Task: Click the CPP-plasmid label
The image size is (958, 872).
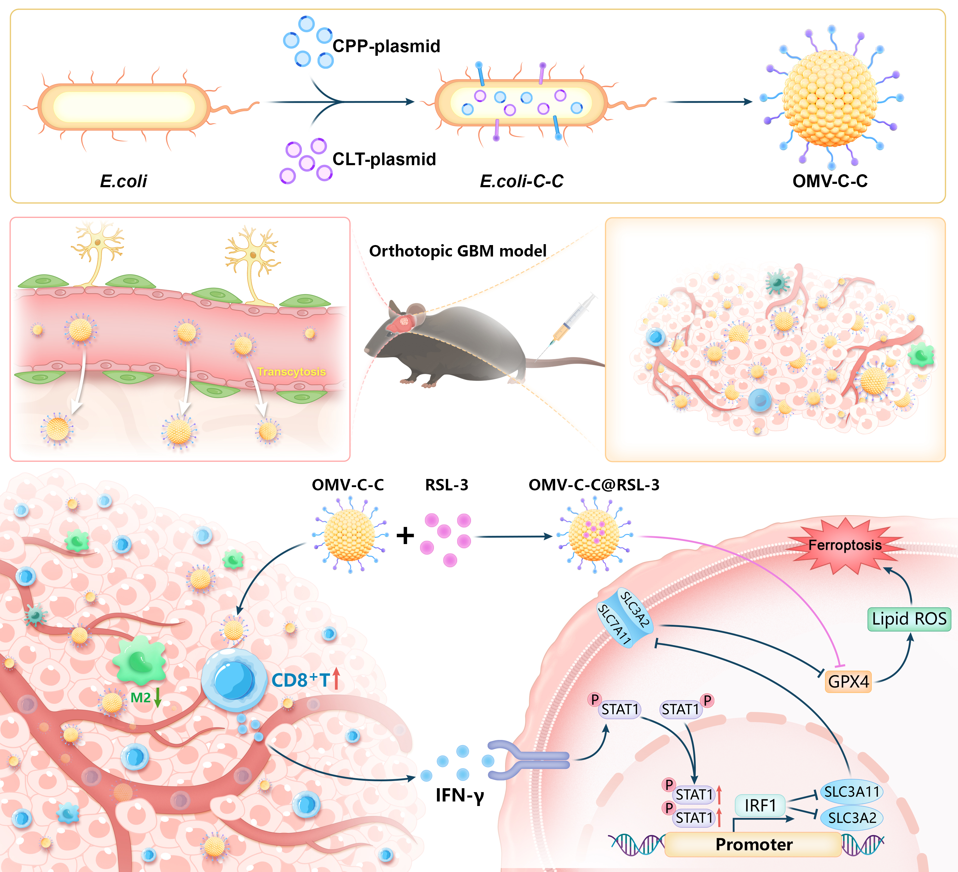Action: [x=386, y=46]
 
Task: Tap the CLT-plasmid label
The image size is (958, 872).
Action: [x=384, y=159]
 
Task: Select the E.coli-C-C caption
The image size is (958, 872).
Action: [x=521, y=181]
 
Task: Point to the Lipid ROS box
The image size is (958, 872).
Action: [x=909, y=619]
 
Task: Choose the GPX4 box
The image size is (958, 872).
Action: [x=848, y=682]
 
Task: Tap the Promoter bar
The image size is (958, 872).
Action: [x=754, y=845]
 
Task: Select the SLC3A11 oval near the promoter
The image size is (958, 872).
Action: [x=852, y=792]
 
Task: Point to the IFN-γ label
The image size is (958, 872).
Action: [x=460, y=795]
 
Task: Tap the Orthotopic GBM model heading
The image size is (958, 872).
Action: [x=458, y=251]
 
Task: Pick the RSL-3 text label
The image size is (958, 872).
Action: [x=446, y=485]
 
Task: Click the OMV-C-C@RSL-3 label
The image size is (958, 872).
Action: [x=594, y=485]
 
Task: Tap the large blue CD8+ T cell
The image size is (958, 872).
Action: [x=234, y=680]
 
